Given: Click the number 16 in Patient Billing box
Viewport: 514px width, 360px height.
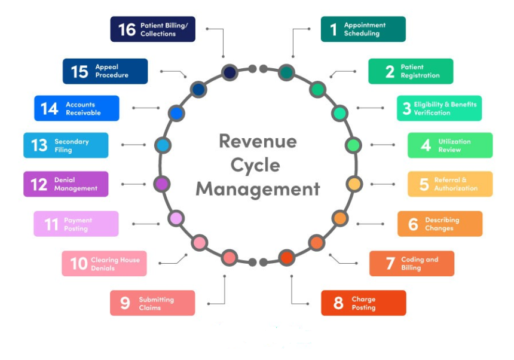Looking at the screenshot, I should coord(127,29).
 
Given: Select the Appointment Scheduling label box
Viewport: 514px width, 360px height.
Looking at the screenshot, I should coord(363,29).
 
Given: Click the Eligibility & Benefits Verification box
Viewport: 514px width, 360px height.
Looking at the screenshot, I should coord(439,108).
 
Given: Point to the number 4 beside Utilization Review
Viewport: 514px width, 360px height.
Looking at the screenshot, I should coord(426,145).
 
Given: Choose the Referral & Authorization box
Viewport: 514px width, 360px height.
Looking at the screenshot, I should coord(450,184).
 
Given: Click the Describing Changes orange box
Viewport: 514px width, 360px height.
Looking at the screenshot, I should coord(439,224).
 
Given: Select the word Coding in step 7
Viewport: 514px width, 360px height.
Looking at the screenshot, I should coord(411,260).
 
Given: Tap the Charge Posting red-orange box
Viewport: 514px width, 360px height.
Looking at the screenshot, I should coord(363,303).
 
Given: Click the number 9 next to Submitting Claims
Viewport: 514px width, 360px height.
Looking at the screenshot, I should coord(125,303).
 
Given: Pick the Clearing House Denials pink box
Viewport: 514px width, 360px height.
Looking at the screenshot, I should coord(104,264).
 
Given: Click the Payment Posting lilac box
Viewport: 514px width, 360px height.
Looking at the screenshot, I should coord(76,224).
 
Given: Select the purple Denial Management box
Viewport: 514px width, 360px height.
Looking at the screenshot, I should coord(66,184).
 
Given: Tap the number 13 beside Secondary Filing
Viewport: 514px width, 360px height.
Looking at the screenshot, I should coord(39,145).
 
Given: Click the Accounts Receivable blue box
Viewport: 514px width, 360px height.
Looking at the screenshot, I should coord(77,108).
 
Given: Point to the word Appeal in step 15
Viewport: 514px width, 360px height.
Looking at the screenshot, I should coord(106,67).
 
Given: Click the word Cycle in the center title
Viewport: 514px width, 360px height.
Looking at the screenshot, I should coord(258,165).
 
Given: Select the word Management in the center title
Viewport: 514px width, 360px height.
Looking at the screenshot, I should coord(258,189).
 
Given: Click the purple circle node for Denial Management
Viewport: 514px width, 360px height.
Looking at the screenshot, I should coord(162,184).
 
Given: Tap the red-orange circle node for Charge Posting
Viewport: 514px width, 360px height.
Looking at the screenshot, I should coord(287,258).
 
